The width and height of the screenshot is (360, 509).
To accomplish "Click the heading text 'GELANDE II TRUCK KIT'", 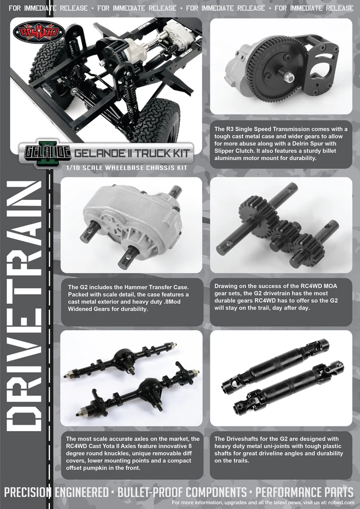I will (x=132, y=153).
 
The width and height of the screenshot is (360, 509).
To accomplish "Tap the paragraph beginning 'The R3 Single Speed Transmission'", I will (x=281, y=143).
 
